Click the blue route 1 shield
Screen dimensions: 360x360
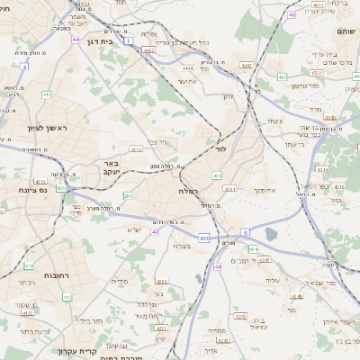pyautogui.click(x=129, y=41)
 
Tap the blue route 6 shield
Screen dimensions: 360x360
pyautogui.click(x=246, y=232)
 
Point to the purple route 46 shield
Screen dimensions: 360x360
pyautogui.click(x=292, y=14)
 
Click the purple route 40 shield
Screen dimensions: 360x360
pyautogui.click(x=155, y=231)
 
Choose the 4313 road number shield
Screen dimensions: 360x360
pyautogui.click(x=136, y=150)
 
